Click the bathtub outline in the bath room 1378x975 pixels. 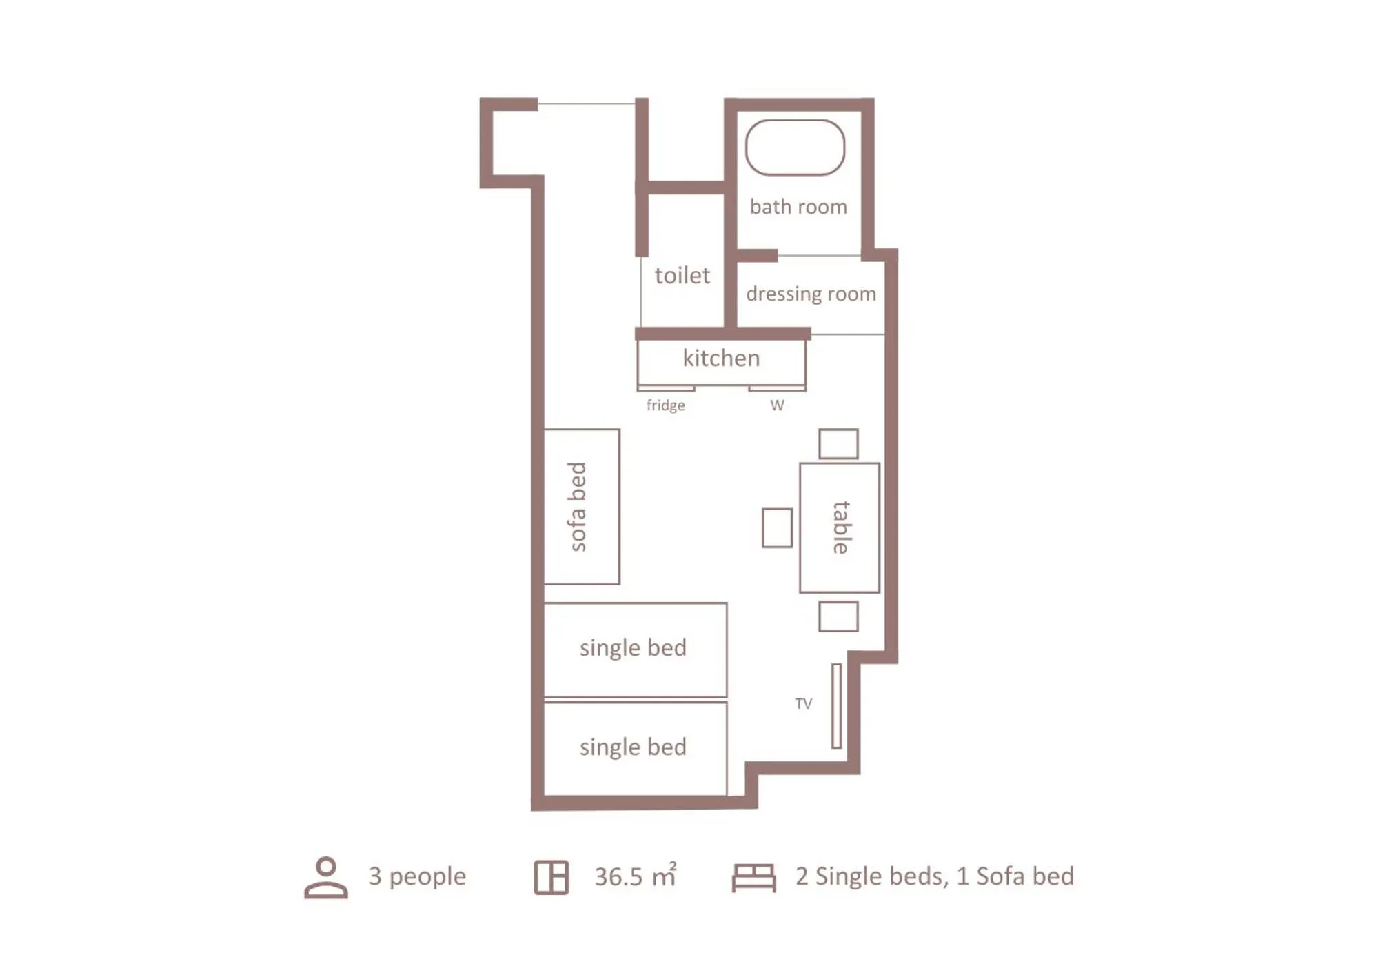[795, 148]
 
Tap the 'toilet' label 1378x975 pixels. [682, 276]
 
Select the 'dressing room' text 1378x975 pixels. [811, 294]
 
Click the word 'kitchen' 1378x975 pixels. [721, 359]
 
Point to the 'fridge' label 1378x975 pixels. [665, 405]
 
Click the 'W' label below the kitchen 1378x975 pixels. [777, 405]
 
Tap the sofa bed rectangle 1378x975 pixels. [581, 507]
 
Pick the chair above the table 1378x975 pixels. [838, 444]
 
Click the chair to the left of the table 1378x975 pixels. [777, 528]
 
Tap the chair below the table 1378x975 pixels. [838, 616]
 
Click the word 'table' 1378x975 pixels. [840, 527]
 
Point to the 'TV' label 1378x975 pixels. [803, 704]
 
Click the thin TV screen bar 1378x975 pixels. [836, 705]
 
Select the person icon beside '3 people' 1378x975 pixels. [326, 877]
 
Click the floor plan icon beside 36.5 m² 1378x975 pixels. [551, 877]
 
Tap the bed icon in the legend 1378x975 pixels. [753, 877]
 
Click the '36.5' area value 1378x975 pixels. [618, 877]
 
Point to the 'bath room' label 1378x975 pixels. [798, 207]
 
